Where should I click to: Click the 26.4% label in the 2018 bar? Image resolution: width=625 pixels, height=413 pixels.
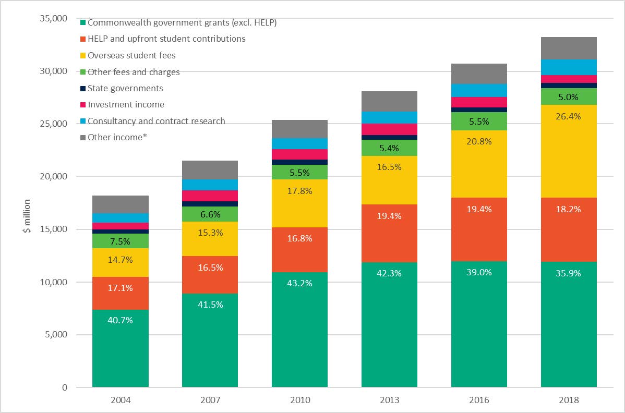[569, 116]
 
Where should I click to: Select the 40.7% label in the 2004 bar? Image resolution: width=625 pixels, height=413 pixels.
[120, 320]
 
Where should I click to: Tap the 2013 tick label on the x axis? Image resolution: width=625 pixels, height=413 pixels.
[389, 400]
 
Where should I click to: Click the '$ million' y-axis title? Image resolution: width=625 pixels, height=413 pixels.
[27, 216]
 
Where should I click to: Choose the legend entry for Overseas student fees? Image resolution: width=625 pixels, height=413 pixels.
[131, 55]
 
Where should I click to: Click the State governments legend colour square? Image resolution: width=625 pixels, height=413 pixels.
[83, 89]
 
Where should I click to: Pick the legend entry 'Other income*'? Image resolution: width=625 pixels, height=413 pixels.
[115, 137]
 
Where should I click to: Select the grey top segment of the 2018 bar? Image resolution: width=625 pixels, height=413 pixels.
[569, 48]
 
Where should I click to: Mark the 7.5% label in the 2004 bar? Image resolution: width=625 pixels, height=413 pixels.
[120, 241]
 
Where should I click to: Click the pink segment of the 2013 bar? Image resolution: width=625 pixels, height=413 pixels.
[389, 129]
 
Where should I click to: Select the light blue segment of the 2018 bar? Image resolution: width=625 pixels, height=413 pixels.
[569, 67]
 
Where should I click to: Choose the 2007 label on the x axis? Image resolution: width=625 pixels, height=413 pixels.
[210, 400]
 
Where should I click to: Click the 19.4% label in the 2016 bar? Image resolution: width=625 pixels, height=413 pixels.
[479, 209]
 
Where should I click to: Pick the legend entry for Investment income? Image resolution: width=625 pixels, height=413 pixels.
[126, 105]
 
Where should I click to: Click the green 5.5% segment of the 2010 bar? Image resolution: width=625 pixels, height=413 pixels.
[299, 172]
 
